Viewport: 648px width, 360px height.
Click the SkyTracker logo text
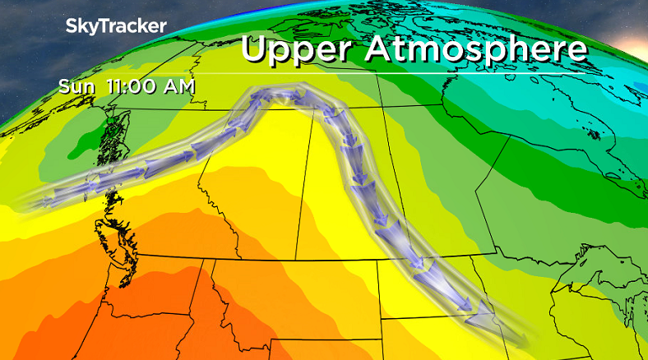coord(116,26)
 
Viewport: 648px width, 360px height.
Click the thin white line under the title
coord(411,73)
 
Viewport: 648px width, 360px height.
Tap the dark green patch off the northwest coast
coord(103,127)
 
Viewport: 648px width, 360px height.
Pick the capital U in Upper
coord(256,48)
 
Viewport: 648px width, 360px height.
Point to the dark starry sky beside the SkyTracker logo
coord(33,49)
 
